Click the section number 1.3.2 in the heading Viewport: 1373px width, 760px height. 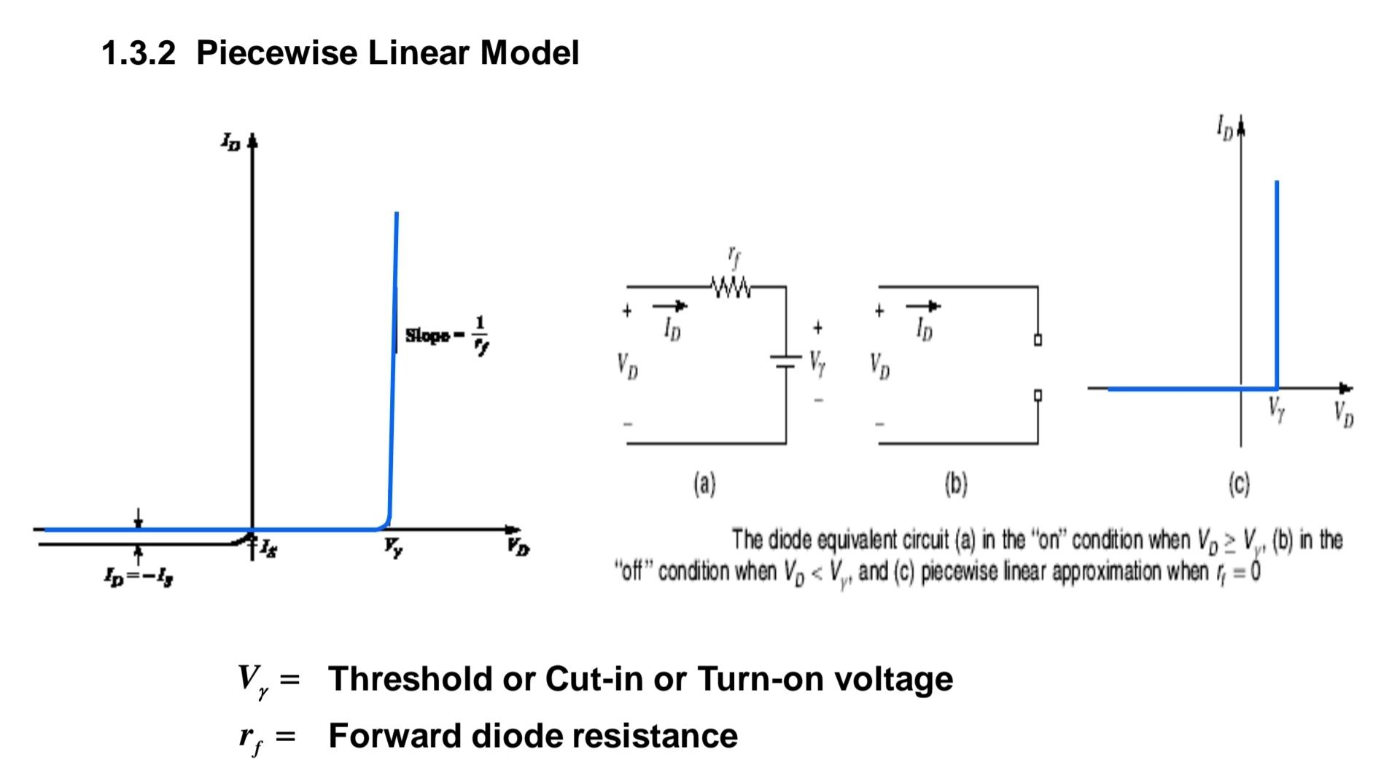click(139, 53)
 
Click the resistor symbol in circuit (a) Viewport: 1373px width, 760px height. click(731, 287)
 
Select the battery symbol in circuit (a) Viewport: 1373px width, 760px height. click(785, 361)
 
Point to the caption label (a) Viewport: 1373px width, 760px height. click(704, 484)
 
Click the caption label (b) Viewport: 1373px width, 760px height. click(956, 484)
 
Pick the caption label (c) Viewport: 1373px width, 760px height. click(1239, 484)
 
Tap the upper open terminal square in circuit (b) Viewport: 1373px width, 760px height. click(1038, 339)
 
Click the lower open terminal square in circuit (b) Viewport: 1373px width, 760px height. click(1038, 395)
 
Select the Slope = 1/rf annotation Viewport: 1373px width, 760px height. click(446, 335)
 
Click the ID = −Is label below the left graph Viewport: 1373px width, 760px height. click(138, 577)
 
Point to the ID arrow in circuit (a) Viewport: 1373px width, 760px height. click(669, 306)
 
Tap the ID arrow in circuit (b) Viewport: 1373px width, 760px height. click(922, 306)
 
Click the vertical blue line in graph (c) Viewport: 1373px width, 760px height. click(1277, 284)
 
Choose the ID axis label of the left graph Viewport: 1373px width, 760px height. click(230, 141)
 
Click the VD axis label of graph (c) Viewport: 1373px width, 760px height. click(1343, 414)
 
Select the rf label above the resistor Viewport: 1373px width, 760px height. click(734, 257)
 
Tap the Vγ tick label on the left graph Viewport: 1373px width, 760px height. click(393, 547)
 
